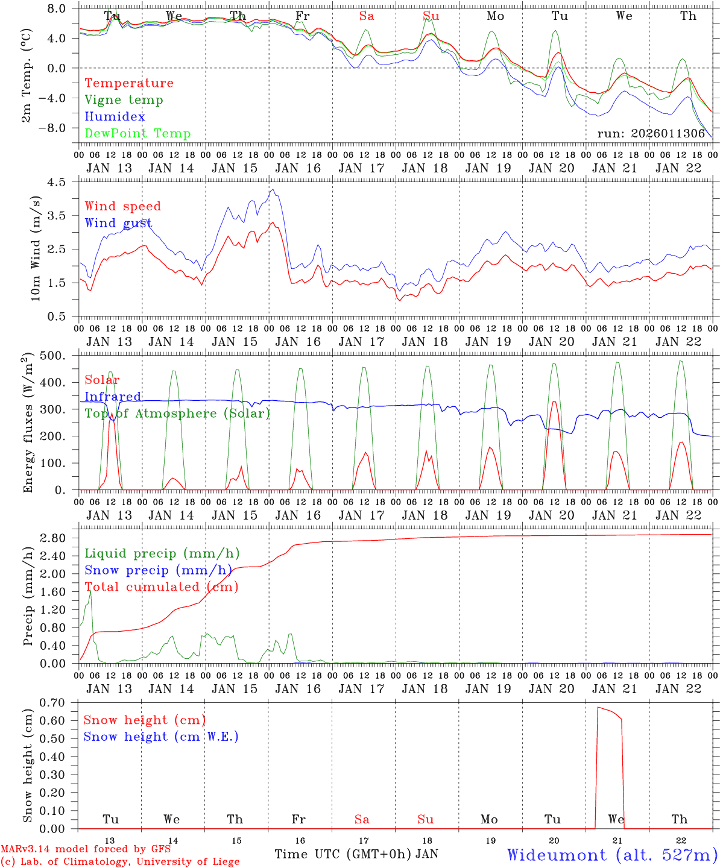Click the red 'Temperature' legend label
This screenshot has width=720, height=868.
tap(129, 83)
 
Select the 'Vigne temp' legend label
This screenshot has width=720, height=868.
tap(124, 100)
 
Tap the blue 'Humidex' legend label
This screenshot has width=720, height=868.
tap(115, 117)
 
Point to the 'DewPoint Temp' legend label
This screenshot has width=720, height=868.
tap(137, 134)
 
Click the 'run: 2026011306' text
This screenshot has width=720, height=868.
tap(651, 134)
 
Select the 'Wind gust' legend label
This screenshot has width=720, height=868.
tap(118, 223)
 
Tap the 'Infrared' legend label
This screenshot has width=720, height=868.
tap(113, 397)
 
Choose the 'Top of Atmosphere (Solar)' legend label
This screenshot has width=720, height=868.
tap(177, 414)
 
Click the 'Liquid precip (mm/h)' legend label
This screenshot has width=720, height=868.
tap(162, 553)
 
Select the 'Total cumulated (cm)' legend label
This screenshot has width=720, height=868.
tap(161, 587)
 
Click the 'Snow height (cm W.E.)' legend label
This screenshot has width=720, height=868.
tap(161, 737)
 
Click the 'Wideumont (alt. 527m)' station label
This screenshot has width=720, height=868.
tap(612, 855)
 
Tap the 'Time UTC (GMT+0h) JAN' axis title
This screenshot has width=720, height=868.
tap(356, 854)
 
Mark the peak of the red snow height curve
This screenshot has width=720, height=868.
tap(598, 707)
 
